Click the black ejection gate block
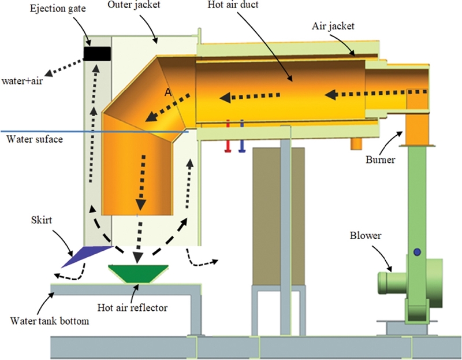coord(97,53)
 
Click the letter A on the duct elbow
coord(168,92)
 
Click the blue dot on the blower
coord(415,252)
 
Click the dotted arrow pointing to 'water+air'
coord(66,66)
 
